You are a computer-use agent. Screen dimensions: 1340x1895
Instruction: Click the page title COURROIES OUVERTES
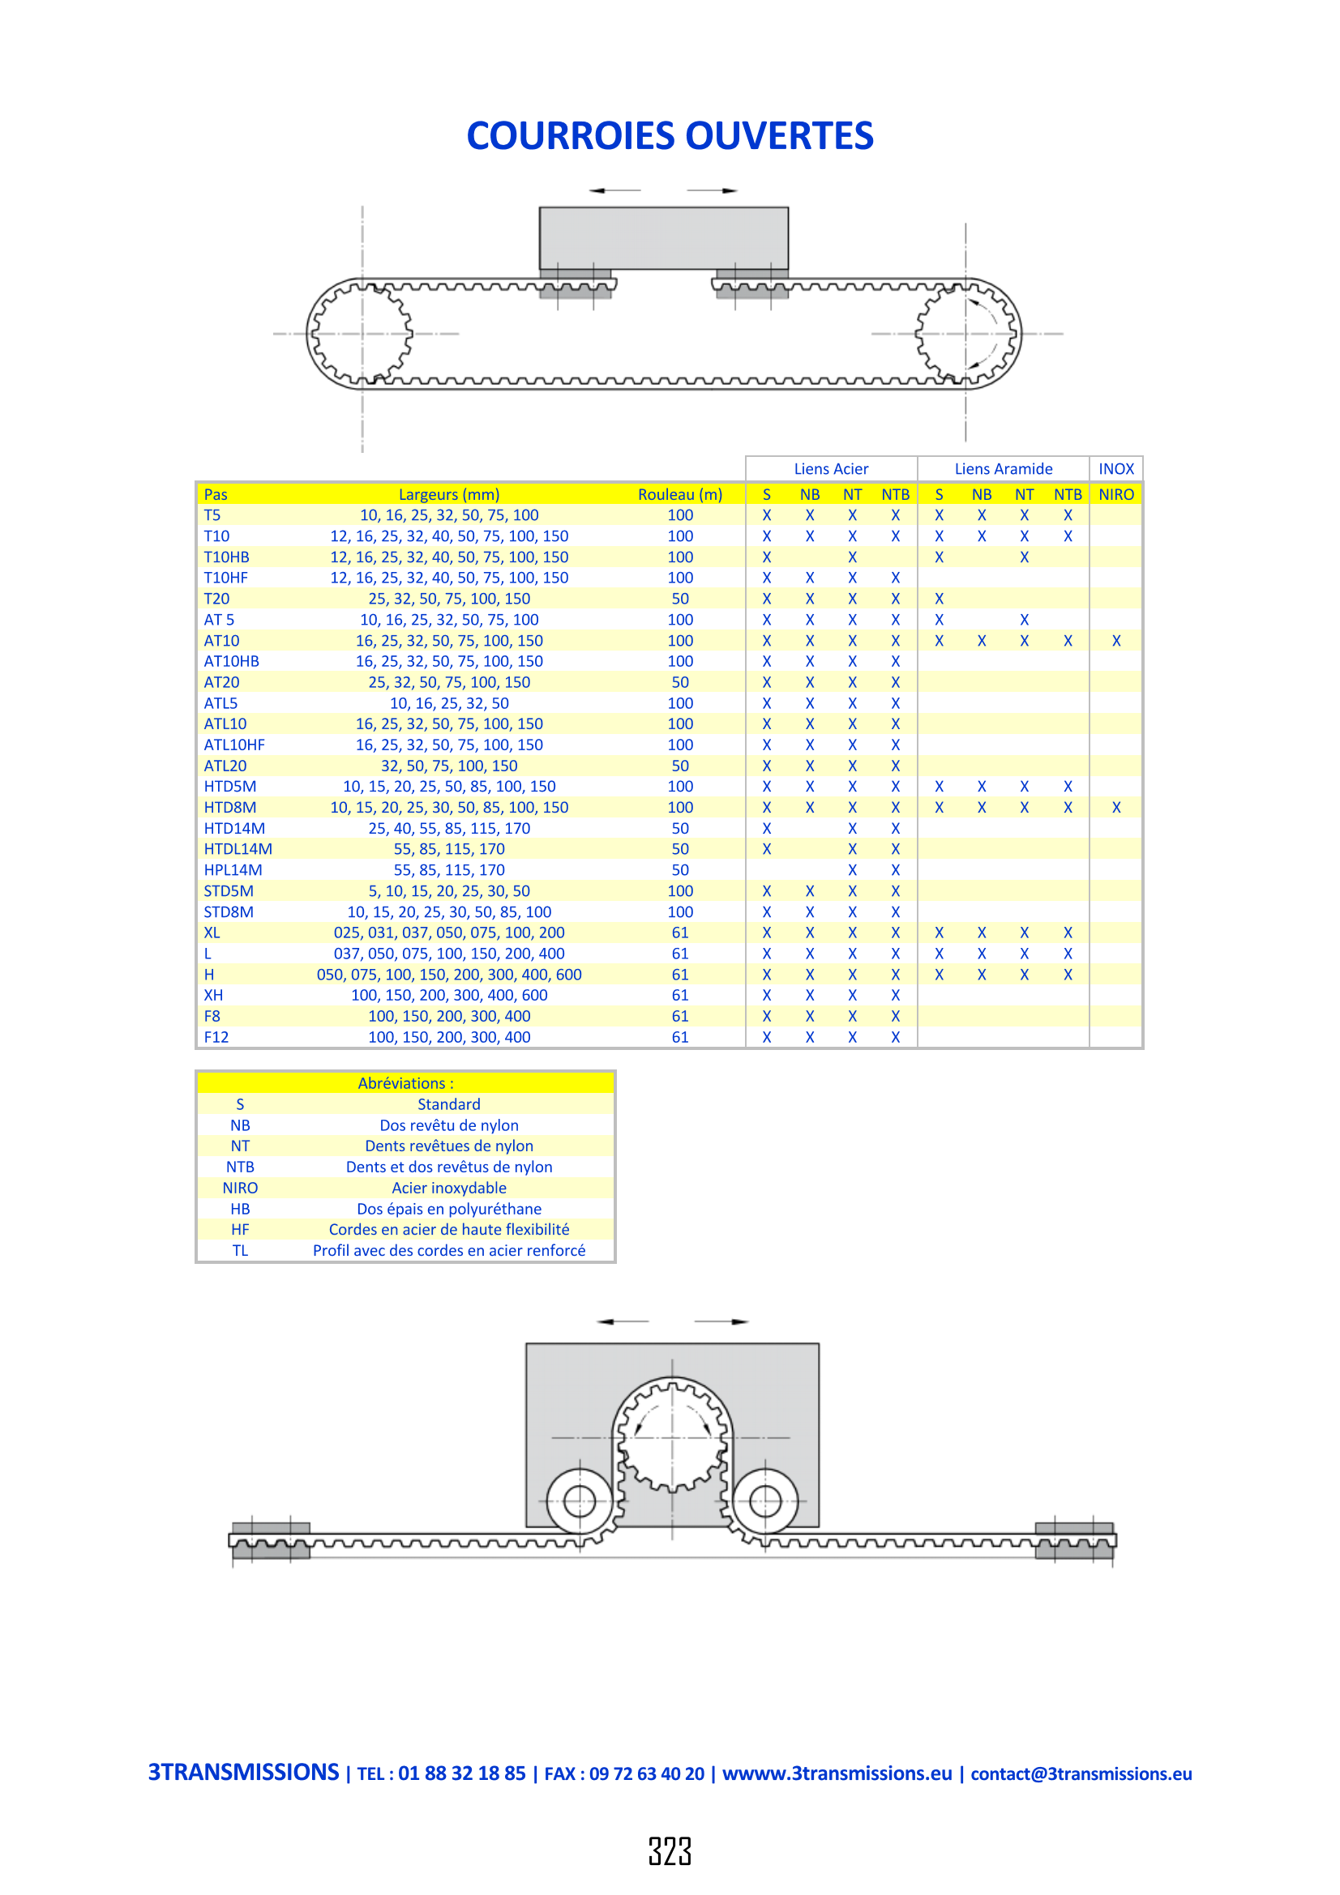[x=670, y=136]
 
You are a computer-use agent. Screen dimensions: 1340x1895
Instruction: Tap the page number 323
[x=670, y=1851]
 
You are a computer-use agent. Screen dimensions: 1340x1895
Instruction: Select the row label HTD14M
[x=234, y=828]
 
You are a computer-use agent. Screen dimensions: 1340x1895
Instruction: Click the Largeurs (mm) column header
[x=449, y=494]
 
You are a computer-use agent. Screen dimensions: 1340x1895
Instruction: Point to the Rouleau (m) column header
[x=680, y=494]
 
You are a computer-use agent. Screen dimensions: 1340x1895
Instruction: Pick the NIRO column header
[x=1116, y=494]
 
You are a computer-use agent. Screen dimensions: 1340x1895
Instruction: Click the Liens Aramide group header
[x=1003, y=469]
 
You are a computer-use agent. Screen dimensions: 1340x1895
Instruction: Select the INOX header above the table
[x=1116, y=469]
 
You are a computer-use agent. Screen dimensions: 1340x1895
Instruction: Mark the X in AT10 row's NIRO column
[x=1116, y=641]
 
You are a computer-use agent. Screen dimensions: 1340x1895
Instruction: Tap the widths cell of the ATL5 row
[x=449, y=703]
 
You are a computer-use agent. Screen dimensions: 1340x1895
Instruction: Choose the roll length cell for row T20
[x=680, y=599]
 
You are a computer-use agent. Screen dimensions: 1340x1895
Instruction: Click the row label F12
[x=216, y=1037]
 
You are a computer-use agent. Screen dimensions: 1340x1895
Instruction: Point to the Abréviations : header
[x=405, y=1083]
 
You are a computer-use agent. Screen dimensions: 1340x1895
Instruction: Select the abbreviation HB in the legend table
[x=240, y=1208]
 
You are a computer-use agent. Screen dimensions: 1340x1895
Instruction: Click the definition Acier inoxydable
[x=449, y=1188]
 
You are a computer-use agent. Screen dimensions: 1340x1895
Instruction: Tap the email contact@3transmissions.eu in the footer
[x=1081, y=1773]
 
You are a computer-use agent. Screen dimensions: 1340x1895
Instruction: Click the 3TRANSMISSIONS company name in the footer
[x=243, y=1772]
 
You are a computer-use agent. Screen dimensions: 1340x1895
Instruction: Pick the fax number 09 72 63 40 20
[x=647, y=1773]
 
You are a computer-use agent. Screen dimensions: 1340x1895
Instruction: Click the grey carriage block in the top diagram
[x=664, y=238]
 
